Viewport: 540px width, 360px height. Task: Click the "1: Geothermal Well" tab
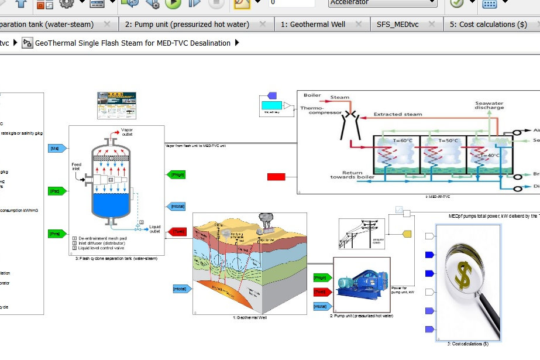point(312,25)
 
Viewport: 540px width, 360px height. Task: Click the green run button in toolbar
point(173,4)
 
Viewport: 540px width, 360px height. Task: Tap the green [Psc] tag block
point(56,191)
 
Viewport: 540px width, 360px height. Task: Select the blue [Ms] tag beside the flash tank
point(56,148)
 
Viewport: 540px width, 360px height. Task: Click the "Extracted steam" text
point(397,114)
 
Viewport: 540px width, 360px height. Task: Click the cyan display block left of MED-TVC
point(270,106)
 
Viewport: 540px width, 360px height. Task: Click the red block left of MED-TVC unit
point(276,177)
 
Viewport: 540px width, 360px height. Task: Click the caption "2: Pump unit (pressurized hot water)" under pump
point(362,316)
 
